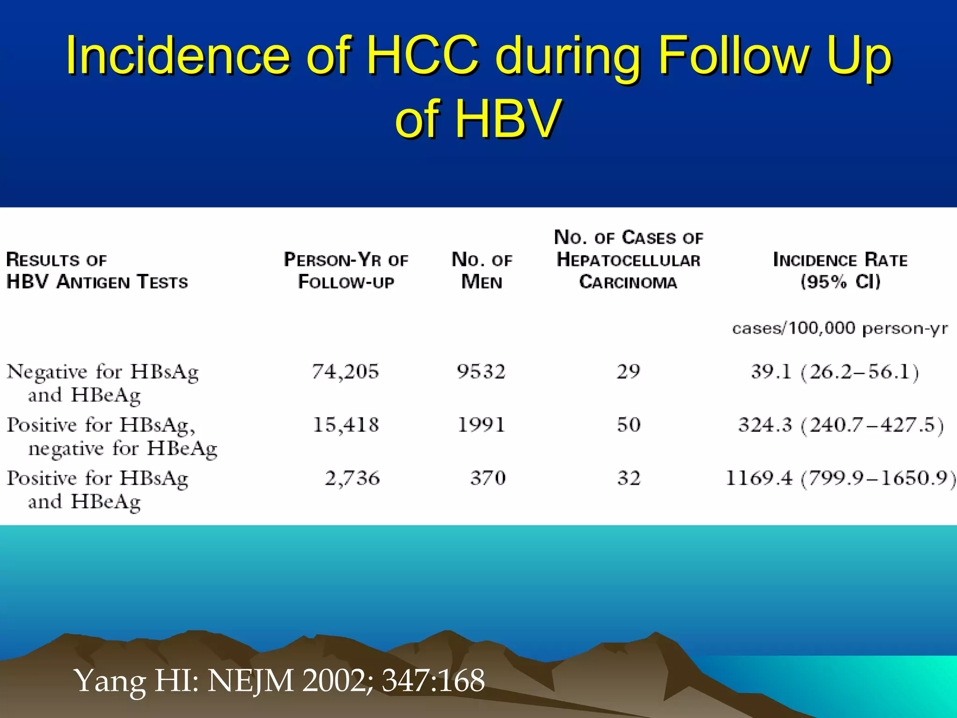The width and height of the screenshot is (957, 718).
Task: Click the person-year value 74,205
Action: tap(345, 372)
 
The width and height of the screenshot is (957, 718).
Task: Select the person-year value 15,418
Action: tap(345, 425)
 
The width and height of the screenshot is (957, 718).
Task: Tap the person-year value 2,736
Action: tap(352, 478)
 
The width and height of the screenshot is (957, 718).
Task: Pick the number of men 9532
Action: tap(481, 372)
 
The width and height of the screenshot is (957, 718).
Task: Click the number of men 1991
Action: tap(481, 425)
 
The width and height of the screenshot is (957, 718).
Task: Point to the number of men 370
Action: tap(487, 478)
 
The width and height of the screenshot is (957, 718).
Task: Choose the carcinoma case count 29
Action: tap(628, 372)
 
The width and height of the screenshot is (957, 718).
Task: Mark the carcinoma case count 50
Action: tap(628, 425)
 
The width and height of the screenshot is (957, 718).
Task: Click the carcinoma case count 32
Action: tap(628, 478)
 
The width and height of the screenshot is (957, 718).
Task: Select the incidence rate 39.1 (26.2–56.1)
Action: tap(835, 372)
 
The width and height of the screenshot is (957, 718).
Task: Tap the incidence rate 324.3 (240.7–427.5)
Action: tap(841, 425)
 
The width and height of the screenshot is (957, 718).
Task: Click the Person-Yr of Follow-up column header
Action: tap(346, 271)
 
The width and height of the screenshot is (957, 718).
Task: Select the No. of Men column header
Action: tap(482, 271)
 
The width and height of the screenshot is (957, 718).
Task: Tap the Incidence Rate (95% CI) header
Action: tap(840, 271)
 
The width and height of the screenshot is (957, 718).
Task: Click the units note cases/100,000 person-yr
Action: tap(840, 329)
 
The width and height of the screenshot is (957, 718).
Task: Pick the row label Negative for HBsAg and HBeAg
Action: tap(102, 383)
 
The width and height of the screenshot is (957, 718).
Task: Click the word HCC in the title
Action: tap(422, 56)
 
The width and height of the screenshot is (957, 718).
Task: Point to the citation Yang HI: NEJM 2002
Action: tap(279, 680)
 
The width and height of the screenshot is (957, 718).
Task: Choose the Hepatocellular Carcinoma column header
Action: tap(628, 260)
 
